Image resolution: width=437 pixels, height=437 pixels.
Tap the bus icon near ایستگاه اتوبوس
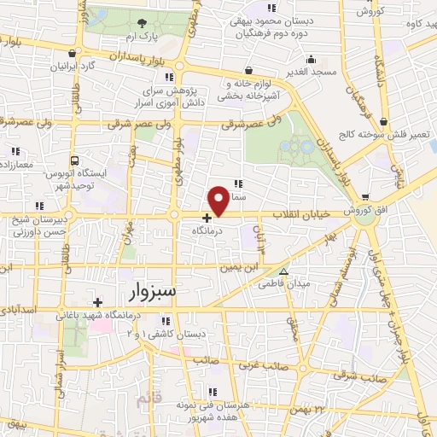75,160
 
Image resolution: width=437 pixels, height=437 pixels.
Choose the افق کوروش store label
364,210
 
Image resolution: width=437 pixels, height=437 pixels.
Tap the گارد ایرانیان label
74,65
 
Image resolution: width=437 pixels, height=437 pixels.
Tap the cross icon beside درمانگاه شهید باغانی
98,302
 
